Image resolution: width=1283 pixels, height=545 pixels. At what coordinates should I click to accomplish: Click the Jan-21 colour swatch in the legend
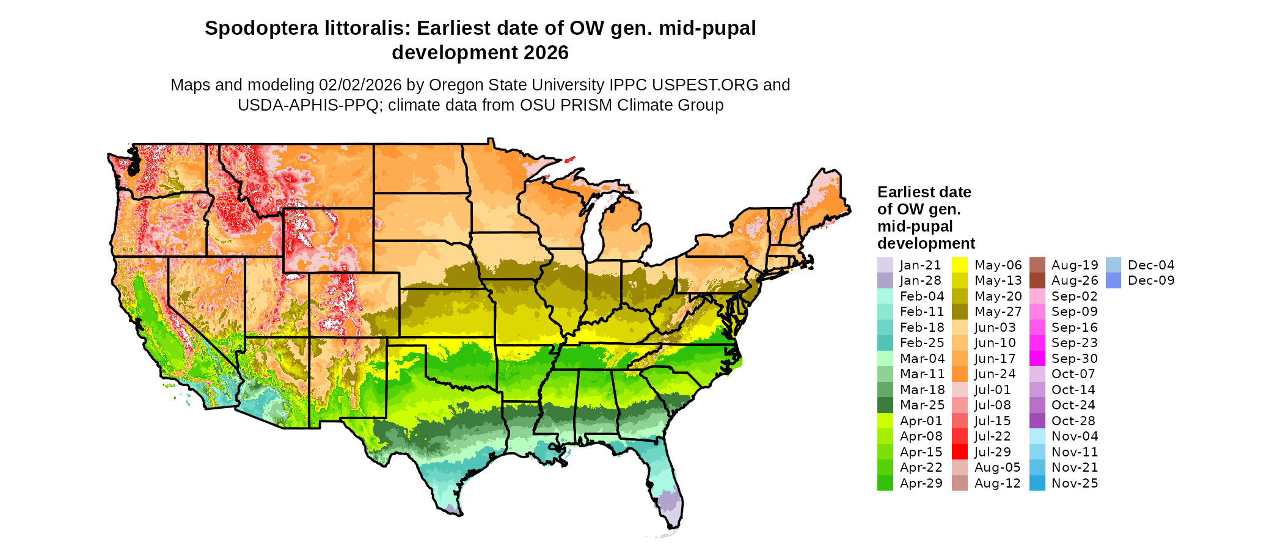pyautogui.click(x=885, y=265)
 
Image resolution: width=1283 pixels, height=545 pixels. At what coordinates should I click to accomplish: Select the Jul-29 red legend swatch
pyautogui.click(x=960, y=452)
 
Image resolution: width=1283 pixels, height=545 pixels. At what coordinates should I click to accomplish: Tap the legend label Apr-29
pyautogui.click(x=921, y=483)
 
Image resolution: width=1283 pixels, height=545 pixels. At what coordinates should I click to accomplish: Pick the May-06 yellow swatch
pyautogui.click(x=960, y=265)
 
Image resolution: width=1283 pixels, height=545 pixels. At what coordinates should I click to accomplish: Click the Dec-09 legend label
pyautogui.click(x=1151, y=280)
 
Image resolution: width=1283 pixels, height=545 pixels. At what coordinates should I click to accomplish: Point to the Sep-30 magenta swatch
pyautogui.click(x=1037, y=359)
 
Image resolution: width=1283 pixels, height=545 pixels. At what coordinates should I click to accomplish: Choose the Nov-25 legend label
pyautogui.click(x=1075, y=483)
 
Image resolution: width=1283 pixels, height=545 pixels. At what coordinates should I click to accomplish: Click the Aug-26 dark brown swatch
pyautogui.click(x=1037, y=280)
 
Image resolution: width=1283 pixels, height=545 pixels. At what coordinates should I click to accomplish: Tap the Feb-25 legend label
pyautogui.click(x=922, y=343)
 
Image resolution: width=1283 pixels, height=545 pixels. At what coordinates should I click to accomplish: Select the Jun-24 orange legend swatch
pyautogui.click(x=960, y=374)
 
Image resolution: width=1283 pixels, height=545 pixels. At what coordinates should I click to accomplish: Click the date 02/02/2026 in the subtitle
pyautogui.click(x=360, y=85)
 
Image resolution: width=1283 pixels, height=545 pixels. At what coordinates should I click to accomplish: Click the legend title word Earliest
pyautogui.click(x=906, y=192)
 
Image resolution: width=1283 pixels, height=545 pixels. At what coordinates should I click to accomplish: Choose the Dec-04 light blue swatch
pyautogui.click(x=1114, y=265)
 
